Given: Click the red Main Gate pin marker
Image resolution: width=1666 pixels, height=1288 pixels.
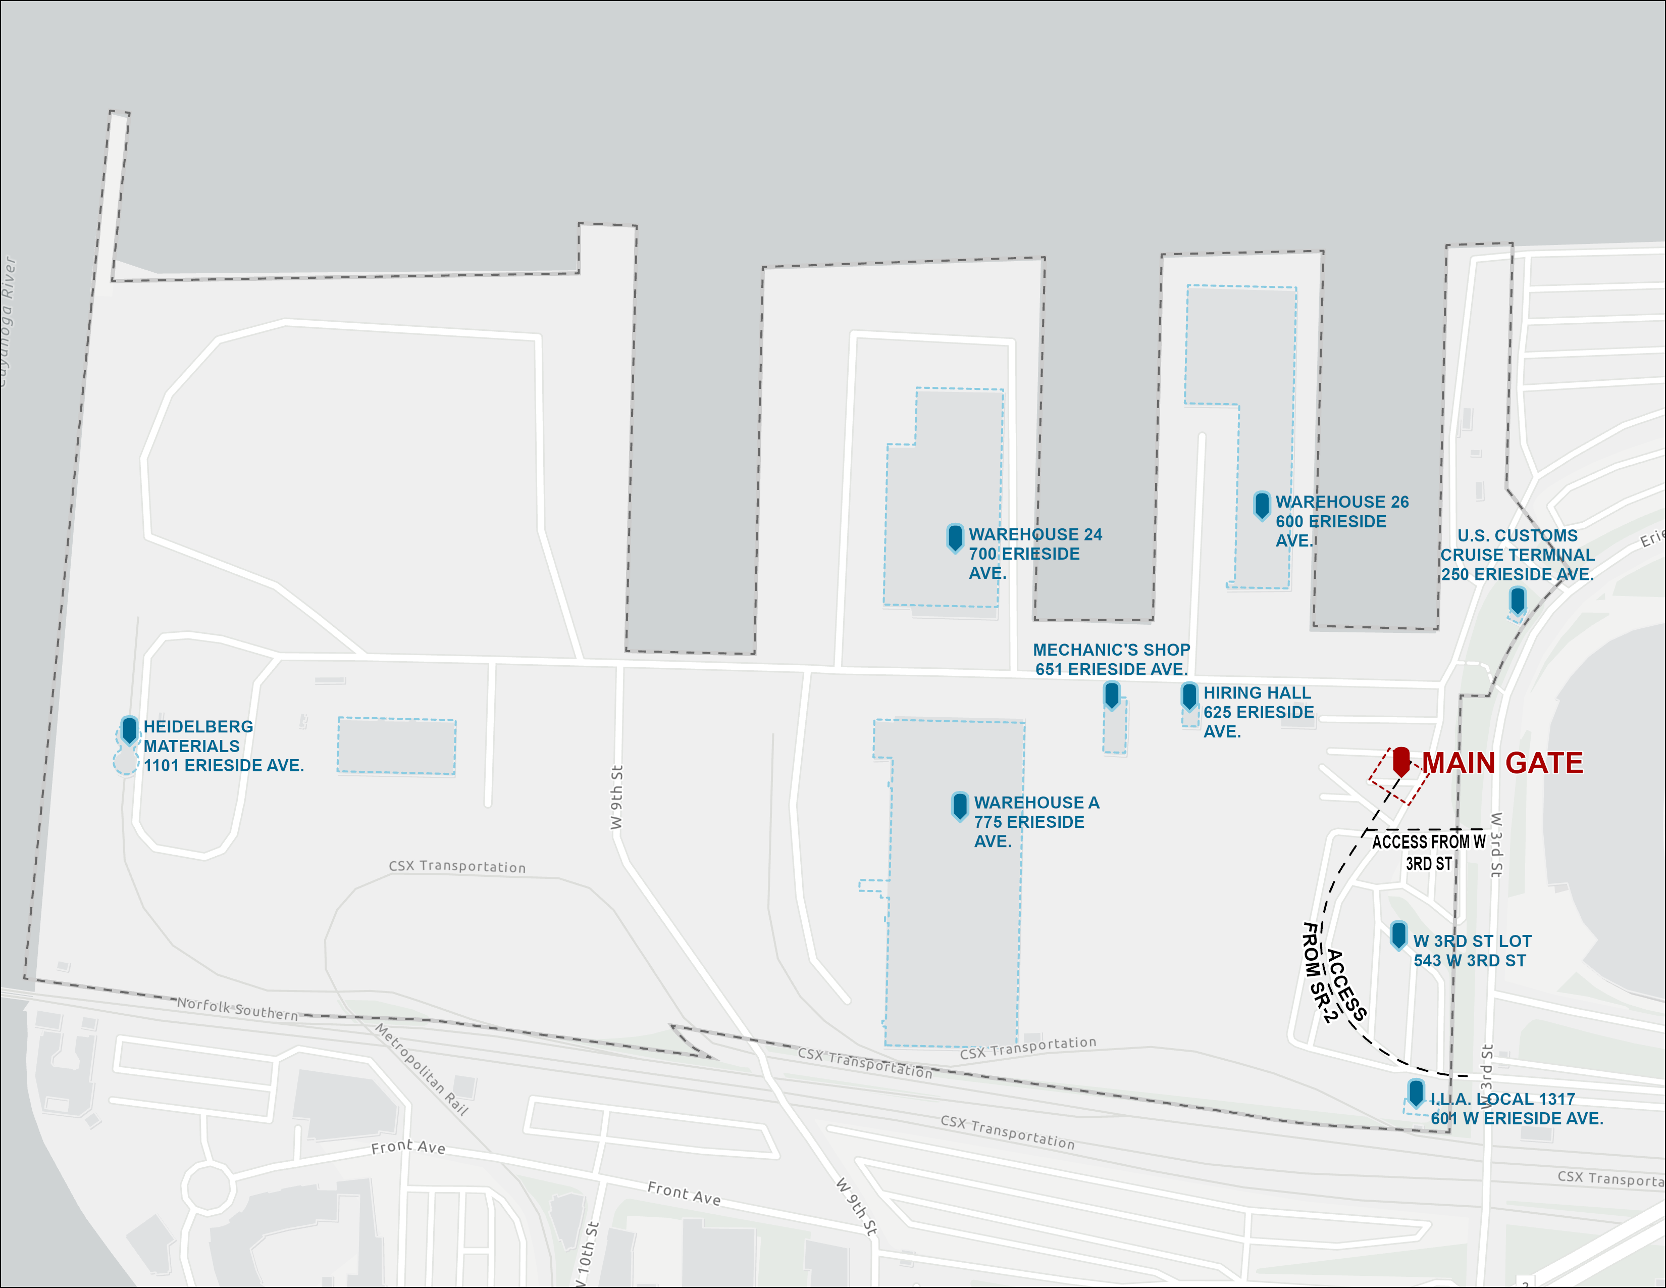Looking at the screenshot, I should (x=1401, y=761).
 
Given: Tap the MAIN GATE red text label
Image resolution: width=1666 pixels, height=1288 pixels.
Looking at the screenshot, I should (x=1502, y=763).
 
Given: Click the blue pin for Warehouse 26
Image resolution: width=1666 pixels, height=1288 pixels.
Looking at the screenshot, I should (x=1262, y=505).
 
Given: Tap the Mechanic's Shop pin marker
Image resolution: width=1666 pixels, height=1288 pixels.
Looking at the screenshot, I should (x=1112, y=695).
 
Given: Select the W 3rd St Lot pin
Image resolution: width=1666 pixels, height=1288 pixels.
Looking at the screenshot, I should (x=1398, y=934).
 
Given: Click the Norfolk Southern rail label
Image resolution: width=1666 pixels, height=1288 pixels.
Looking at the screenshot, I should (x=237, y=1009).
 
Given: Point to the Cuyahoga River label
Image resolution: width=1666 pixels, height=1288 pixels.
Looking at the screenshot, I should (x=8, y=320).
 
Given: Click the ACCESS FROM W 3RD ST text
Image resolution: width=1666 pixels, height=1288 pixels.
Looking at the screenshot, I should (x=1429, y=852).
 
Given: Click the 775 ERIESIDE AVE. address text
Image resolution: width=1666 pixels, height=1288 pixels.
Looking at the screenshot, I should (x=1029, y=822).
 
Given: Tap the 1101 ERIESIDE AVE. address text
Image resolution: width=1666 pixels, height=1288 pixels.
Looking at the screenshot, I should (x=224, y=765).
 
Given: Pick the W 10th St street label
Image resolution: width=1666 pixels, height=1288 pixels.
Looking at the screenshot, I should (x=587, y=1255).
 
